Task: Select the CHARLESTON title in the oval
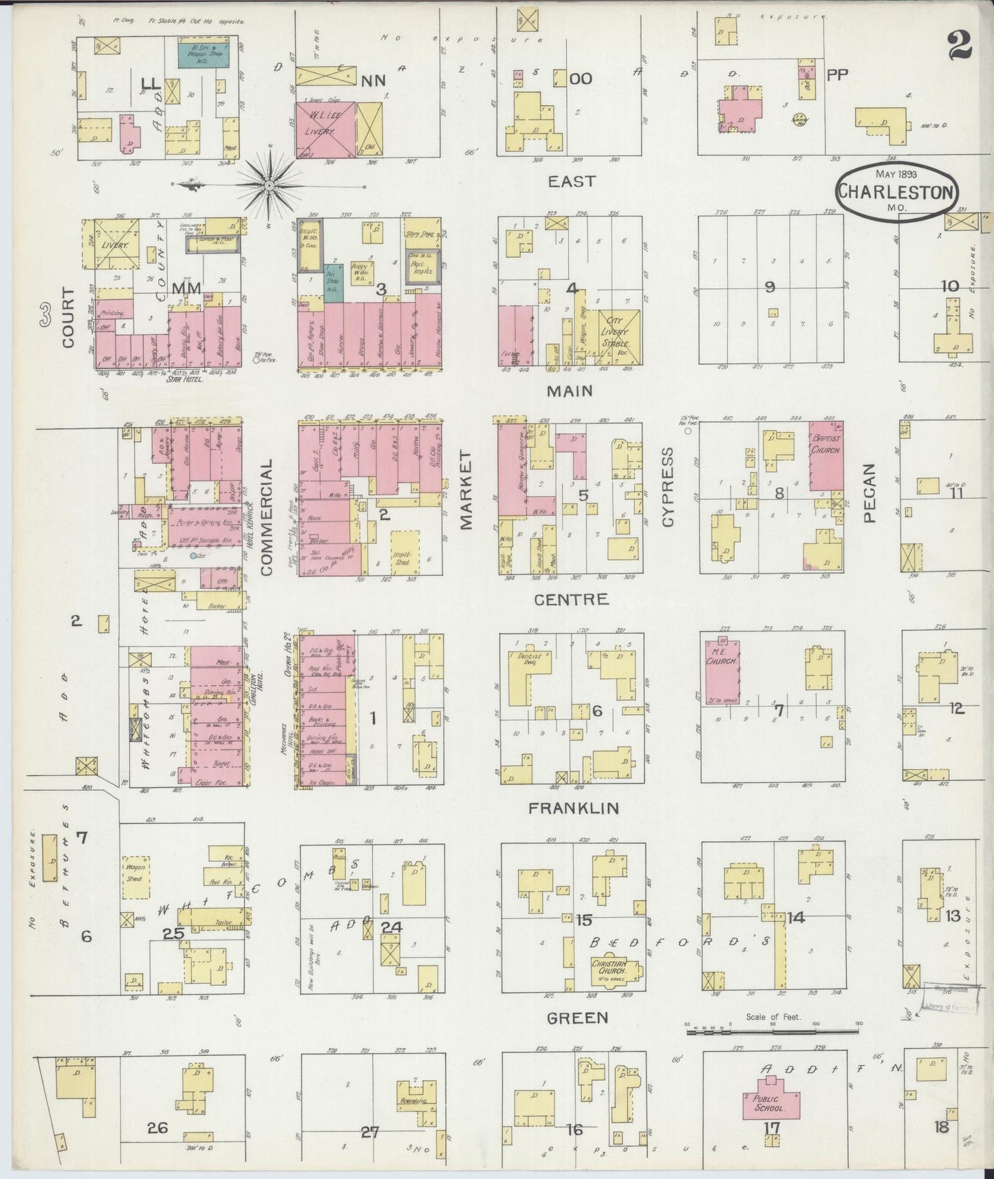pos(896,193)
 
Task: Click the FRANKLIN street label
pos(574,808)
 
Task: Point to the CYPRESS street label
pos(667,487)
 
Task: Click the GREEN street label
pos(576,1017)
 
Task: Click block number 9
pos(770,287)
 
